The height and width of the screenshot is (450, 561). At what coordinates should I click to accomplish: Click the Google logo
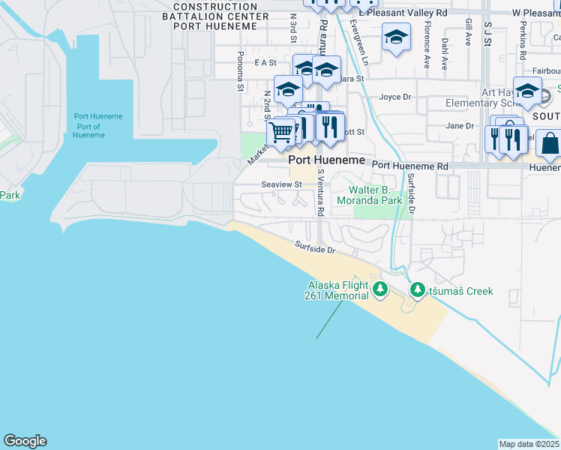(x=25, y=441)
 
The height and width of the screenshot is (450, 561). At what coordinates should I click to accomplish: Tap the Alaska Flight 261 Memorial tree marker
(x=380, y=289)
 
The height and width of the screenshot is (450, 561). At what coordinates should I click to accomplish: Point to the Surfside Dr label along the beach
(x=314, y=247)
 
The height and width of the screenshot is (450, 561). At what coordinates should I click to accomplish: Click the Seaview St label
(x=281, y=184)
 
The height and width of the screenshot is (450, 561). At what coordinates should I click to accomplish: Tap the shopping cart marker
(x=281, y=133)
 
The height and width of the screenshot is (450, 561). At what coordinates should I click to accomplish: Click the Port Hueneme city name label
(x=328, y=160)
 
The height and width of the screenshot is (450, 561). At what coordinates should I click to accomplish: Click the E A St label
(x=265, y=63)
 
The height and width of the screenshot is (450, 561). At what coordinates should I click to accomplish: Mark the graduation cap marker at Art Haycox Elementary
(x=527, y=90)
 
